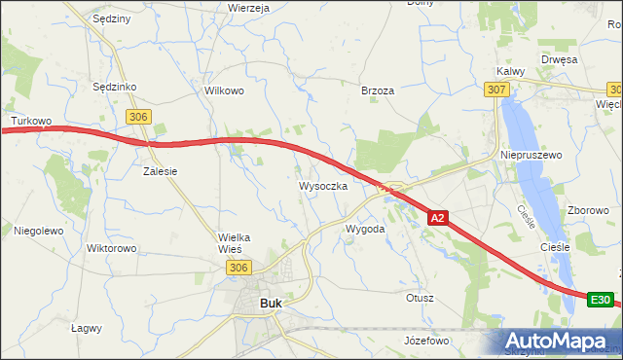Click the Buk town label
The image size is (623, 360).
(272, 304)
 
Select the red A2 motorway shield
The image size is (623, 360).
(439, 219)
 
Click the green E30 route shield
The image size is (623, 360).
(602, 301)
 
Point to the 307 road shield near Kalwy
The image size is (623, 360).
(496, 89)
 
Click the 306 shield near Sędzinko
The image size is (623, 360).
(138, 116)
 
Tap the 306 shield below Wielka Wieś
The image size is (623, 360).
(238, 267)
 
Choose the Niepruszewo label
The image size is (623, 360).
(531, 155)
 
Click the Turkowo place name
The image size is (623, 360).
(30, 122)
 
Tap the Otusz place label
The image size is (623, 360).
(421, 298)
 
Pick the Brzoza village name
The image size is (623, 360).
(378, 90)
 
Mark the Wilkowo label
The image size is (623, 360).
(223, 90)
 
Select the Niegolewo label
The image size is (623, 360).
(38, 231)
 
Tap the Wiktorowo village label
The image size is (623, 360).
(111, 248)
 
